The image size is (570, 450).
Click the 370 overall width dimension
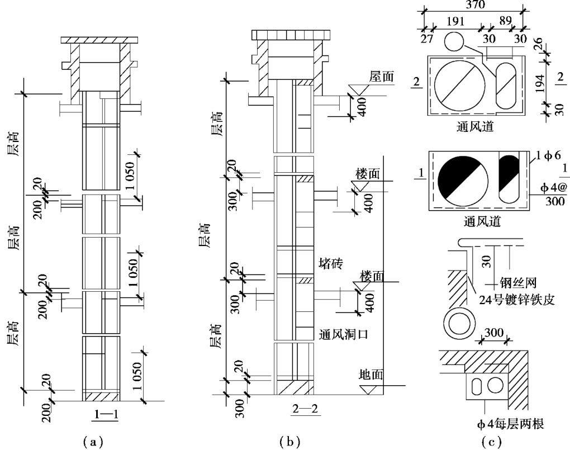point(471,4)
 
